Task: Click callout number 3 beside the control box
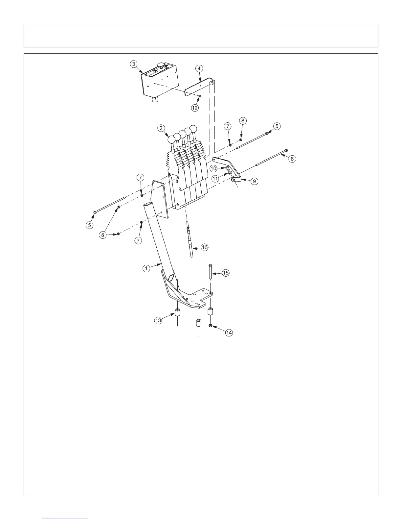(133, 64)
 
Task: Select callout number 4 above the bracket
(199, 68)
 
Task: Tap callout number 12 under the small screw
(195, 108)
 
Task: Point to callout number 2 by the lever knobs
(161, 129)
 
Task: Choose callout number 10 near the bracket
(213, 168)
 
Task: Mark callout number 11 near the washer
(216, 178)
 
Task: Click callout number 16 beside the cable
(204, 247)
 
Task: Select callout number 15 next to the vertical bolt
(226, 273)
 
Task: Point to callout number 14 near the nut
(229, 333)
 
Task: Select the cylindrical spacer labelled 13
(177, 312)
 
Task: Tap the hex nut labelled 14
(211, 326)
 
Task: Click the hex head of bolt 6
(287, 150)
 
